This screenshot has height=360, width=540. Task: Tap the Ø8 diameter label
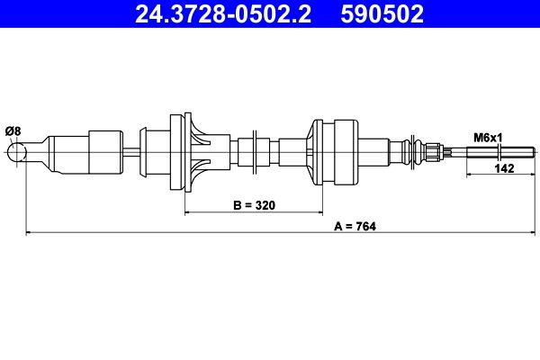(x=13, y=132)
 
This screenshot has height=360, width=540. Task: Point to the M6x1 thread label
(x=487, y=138)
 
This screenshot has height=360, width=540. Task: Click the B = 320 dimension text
(x=253, y=205)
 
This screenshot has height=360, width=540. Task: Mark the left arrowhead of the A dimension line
(x=29, y=233)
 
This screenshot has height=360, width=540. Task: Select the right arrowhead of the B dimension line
(x=319, y=212)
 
